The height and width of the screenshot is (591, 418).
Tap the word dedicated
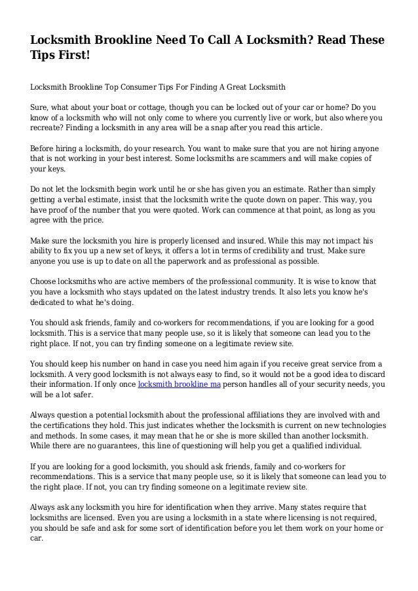tap(49, 303)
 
